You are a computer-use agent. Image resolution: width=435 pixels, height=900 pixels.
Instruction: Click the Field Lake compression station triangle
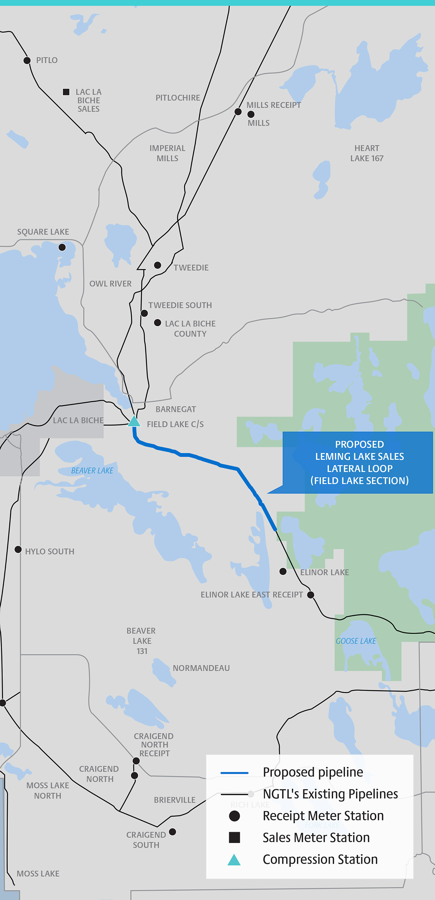click(134, 422)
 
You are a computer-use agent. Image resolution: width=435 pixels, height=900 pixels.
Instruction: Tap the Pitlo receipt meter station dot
click(27, 60)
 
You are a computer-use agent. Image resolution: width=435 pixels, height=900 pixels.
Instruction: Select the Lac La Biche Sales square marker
click(66, 92)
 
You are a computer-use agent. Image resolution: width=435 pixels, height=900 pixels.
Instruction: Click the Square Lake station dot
click(62, 247)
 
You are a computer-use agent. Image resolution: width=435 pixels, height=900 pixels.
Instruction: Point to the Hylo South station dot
click(18, 550)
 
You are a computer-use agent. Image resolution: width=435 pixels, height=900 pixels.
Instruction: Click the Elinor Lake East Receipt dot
click(311, 595)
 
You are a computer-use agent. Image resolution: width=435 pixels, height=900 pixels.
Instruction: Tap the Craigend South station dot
click(173, 831)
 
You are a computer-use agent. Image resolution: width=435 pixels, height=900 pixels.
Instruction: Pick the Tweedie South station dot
click(144, 313)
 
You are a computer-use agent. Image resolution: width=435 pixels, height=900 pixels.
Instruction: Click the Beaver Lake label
click(92, 470)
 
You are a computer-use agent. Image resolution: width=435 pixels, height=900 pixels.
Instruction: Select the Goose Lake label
click(356, 641)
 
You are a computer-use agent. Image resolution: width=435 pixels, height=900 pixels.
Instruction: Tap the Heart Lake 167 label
click(366, 153)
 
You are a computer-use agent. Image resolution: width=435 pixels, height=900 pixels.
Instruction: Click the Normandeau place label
click(201, 668)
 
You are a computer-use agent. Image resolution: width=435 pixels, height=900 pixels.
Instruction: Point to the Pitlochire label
click(178, 98)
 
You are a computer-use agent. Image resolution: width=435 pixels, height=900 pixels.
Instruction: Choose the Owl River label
click(111, 284)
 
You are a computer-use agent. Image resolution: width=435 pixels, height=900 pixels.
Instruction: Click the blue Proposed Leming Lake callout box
click(359, 462)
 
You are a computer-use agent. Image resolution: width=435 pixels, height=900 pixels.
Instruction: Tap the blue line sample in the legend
click(235, 773)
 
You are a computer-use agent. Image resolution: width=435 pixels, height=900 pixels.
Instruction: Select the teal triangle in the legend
click(234, 860)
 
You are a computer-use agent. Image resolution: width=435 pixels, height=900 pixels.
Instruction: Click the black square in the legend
click(235, 838)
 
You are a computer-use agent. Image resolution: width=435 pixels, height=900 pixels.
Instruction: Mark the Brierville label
click(175, 800)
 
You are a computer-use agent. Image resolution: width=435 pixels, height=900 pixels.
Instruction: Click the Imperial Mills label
click(167, 153)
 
